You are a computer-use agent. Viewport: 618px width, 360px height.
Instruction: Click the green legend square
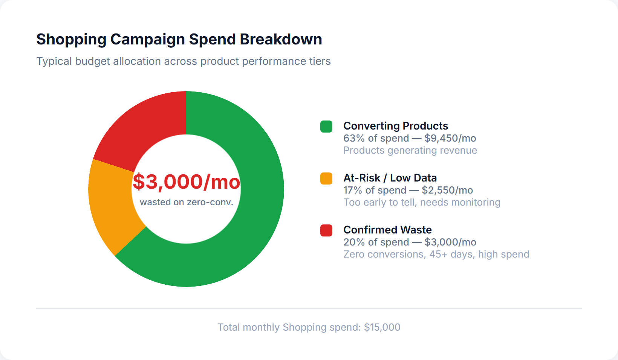tap(326, 127)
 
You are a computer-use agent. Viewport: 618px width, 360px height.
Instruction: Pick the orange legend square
tap(326, 178)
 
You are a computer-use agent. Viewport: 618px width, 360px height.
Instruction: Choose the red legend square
tap(326, 230)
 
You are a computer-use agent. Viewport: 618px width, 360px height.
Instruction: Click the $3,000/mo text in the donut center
tap(186, 182)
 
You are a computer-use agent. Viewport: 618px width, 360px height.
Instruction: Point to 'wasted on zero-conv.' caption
tap(187, 202)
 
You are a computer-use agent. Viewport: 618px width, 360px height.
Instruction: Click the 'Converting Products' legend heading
tap(396, 126)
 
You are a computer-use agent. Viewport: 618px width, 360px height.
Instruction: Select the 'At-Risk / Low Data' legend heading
tap(390, 178)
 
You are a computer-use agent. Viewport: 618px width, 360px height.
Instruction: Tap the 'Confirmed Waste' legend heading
tap(387, 230)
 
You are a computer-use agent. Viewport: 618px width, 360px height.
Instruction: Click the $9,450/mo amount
tap(450, 138)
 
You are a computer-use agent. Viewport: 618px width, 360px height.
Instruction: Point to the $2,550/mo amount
tap(447, 190)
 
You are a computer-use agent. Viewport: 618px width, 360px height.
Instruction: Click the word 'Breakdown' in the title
tap(281, 39)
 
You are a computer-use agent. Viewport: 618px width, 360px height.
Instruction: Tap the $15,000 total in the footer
tap(382, 327)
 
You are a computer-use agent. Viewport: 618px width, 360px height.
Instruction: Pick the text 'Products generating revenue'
tap(410, 150)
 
